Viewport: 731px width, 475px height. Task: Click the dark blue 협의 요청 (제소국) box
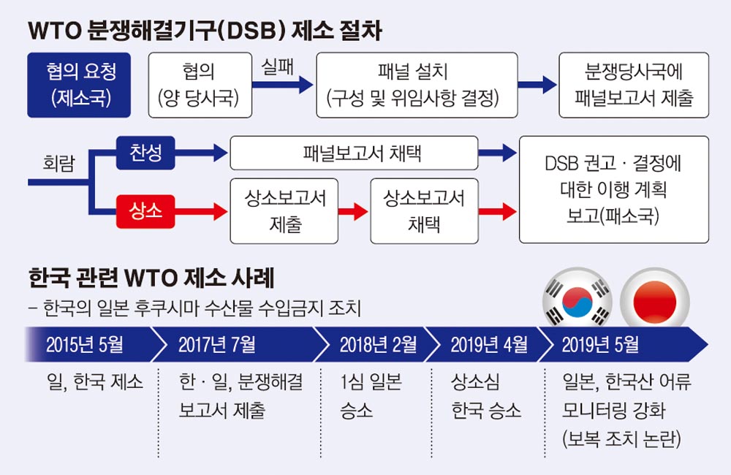[79, 85]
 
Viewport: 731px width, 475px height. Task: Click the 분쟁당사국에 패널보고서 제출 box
[634, 85]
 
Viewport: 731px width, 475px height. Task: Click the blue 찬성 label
[145, 153]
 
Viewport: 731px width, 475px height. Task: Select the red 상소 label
[145, 212]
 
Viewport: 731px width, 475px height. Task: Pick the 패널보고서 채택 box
[354, 153]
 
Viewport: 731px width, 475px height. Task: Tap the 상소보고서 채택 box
[424, 211]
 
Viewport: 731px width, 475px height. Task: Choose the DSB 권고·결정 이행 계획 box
[613, 189]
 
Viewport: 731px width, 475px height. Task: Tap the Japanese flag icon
[654, 300]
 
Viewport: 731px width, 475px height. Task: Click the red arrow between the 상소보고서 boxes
[354, 212]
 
